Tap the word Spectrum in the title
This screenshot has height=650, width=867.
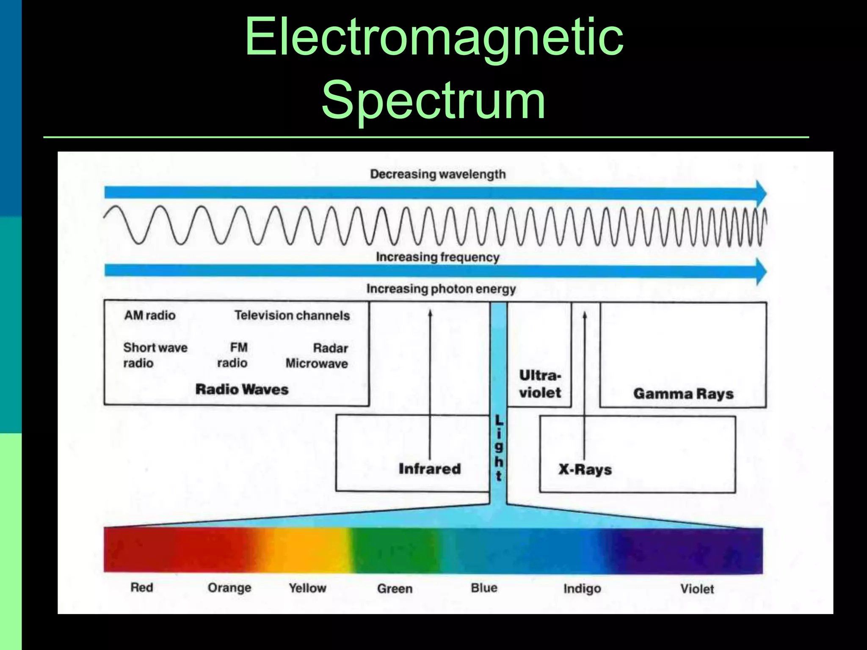[433, 101]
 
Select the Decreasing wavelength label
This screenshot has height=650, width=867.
[438, 174]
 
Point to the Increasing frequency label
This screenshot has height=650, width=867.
[438, 257]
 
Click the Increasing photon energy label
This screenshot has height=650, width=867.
[441, 289]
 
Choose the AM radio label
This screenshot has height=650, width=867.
[150, 315]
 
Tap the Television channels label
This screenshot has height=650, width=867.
[292, 315]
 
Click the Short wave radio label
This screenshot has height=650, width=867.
[155, 355]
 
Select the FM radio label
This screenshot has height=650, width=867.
[233, 355]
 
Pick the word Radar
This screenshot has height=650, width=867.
[330, 348]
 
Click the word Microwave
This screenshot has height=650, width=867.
[317, 363]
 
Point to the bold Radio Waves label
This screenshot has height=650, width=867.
[242, 389]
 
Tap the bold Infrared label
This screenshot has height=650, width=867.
[430, 469]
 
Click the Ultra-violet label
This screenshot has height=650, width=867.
[540, 384]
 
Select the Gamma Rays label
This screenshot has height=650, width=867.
[683, 394]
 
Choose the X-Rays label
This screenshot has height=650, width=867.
[585, 469]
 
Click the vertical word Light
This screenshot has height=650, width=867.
[499, 448]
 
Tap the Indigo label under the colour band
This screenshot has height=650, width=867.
[582, 588]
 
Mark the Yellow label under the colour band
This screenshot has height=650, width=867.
[307, 588]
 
